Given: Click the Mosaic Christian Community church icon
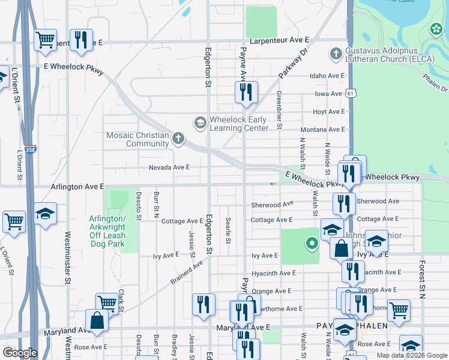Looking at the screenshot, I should (x=178, y=139).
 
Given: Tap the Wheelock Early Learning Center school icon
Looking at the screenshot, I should (x=199, y=123).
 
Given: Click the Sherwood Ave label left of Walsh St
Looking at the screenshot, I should (x=273, y=205).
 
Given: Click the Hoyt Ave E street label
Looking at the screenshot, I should (x=328, y=112).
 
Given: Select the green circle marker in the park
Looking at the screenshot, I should (x=312, y=243).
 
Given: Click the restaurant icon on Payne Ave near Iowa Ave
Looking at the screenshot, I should (x=246, y=92).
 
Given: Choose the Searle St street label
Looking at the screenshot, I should (x=228, y=231).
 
